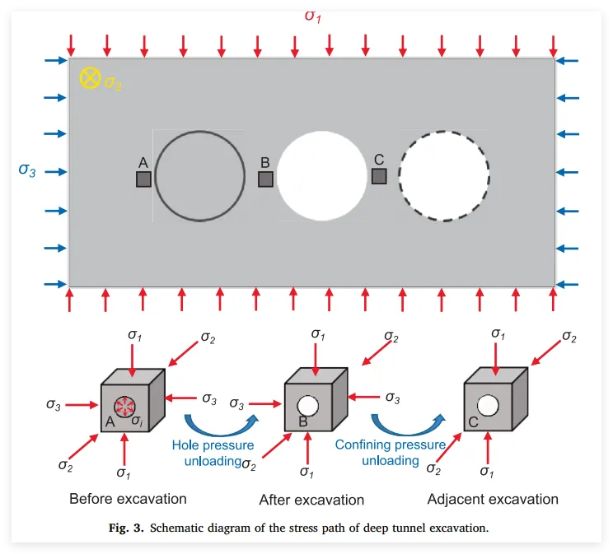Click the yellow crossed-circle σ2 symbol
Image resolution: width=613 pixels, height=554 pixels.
point(89,78)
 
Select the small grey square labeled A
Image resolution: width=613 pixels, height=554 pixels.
point(143,179)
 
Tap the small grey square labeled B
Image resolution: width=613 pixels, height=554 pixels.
point(265,179)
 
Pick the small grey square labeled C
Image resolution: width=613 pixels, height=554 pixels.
point(379,176)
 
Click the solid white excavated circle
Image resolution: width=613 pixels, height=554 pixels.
point(321,175)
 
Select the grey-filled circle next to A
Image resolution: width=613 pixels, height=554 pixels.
point(199,175)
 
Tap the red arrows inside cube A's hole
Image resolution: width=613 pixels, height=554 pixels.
point(124,406)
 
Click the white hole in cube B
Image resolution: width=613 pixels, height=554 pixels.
point(307,406)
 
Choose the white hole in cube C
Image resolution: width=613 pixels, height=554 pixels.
point(487,406)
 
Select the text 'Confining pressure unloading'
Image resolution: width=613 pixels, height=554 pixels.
point(390,452)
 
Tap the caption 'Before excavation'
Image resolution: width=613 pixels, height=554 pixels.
point(128,499)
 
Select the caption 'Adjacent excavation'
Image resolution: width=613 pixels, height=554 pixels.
point(493,499)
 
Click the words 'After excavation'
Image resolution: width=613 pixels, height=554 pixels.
point(311,500)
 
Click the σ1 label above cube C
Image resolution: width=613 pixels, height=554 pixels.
point(498,333)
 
